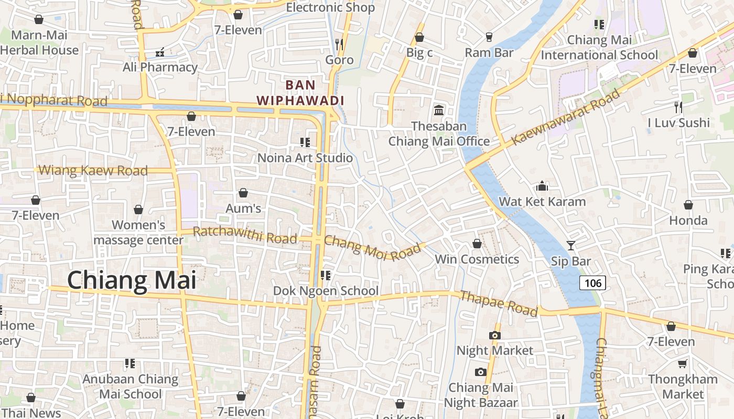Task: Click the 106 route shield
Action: click(x=592, y=283)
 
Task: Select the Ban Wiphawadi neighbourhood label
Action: click(x=300, y=92)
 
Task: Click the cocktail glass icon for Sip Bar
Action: click(x=570, y=245)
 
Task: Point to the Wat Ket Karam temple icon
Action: click(x=542, y=186)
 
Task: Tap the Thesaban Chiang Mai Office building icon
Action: click(x=439, y=111)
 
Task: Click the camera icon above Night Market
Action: click(x=494, y=335)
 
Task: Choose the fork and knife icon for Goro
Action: click(x=339, y=44)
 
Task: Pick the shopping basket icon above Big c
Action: click(x=419, y=37)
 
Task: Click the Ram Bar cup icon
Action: click(x=489, y=37)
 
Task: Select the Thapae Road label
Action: click(x=499, y=303)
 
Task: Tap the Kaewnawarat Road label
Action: click(x=566, y=117)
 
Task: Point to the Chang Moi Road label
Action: click(x=372, y=248)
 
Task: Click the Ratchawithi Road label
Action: click(x=245, y=235)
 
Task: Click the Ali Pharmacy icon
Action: click(x=160, y=52)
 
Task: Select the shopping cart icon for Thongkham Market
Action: click(x=682, y=363)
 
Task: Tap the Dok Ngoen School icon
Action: click(x=325, y=275)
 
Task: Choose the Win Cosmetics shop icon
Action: click(x=477, y=244)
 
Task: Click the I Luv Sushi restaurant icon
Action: click(x=678, y=107)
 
